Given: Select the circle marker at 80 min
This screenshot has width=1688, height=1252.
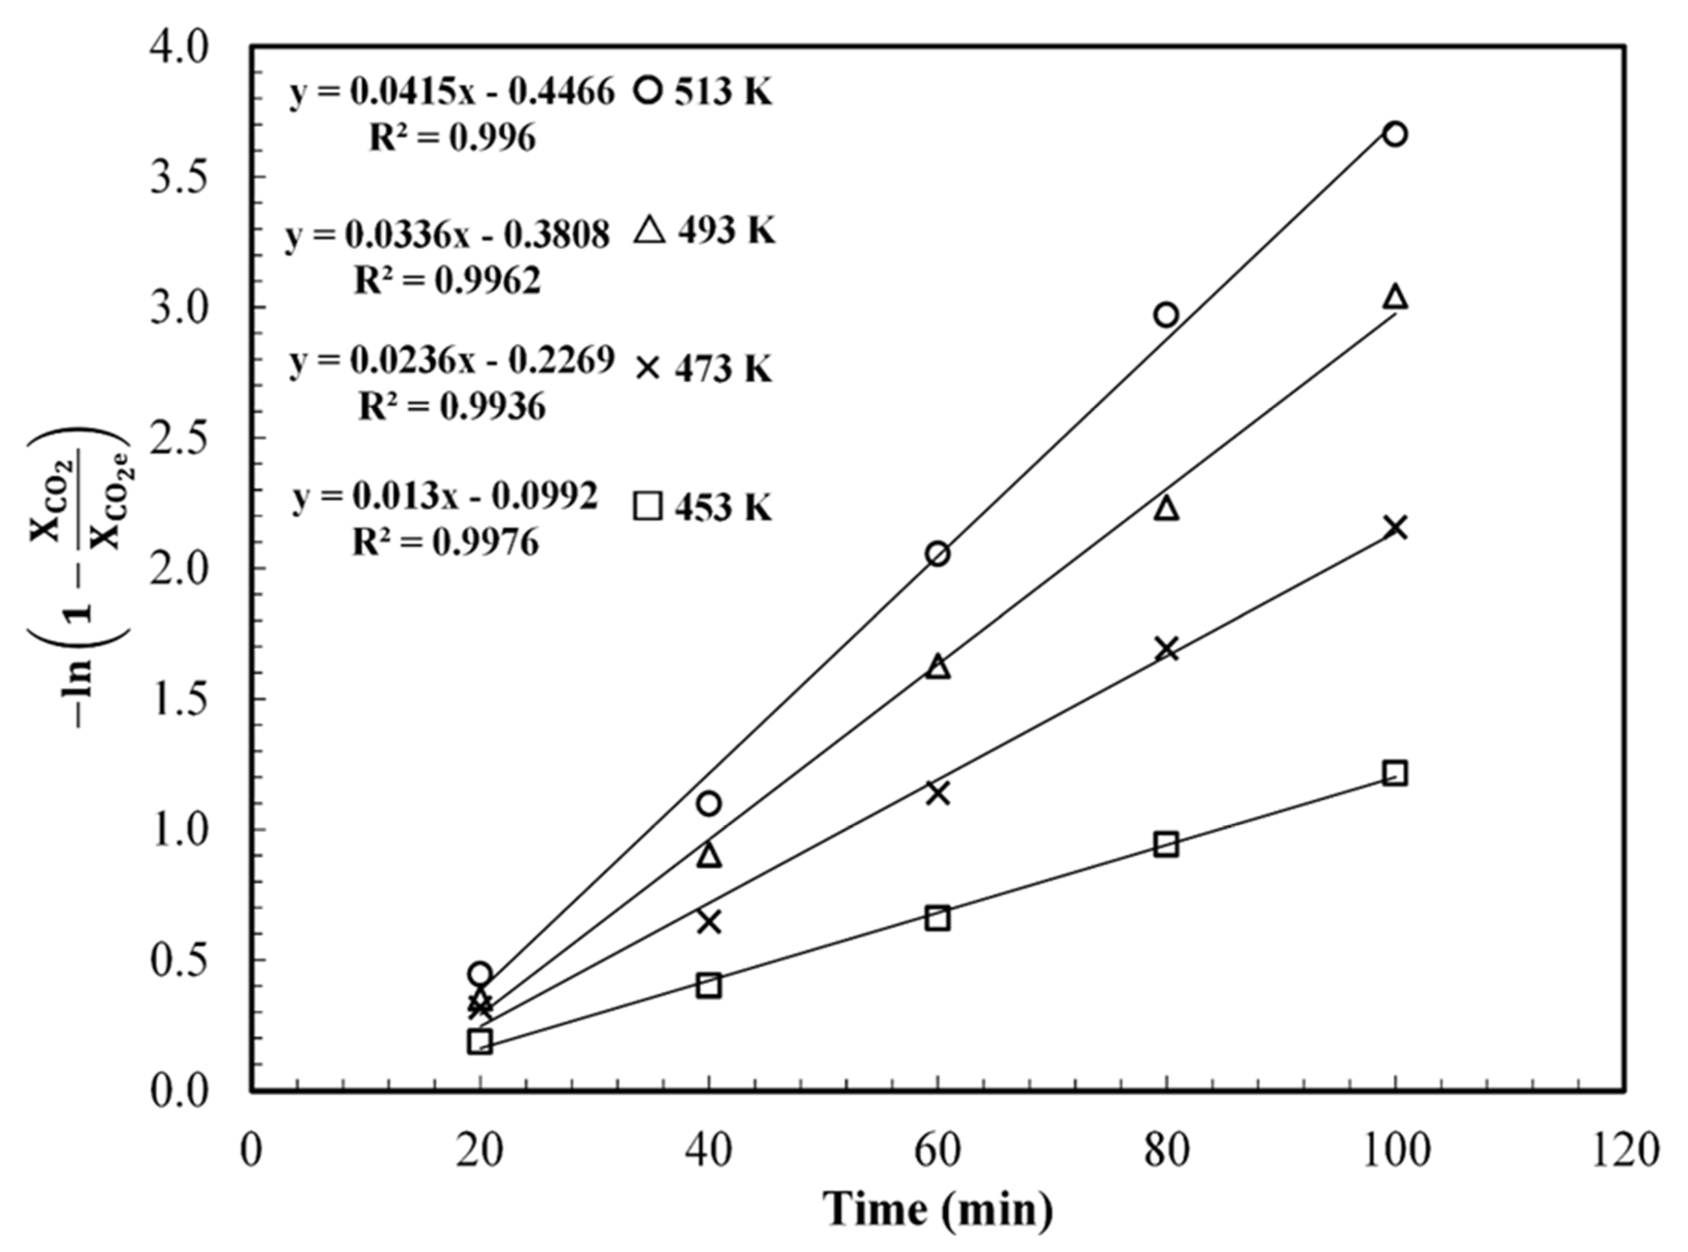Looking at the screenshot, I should [1166, 314].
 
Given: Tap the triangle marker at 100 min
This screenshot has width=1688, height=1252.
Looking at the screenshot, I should [1395, 297].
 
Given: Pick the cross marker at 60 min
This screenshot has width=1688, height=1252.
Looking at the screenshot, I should [938, 793].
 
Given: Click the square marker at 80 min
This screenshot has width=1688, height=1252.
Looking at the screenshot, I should [1166, 844].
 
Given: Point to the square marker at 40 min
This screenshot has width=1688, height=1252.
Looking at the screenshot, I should [708, 986].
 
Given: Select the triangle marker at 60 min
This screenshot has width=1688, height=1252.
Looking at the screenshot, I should [938, 667].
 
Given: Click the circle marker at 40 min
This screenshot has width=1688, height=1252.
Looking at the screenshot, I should [708, 803].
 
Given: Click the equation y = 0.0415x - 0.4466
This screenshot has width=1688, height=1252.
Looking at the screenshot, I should [452, 92].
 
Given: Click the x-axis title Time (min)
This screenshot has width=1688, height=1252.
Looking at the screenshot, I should [938, 1210].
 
